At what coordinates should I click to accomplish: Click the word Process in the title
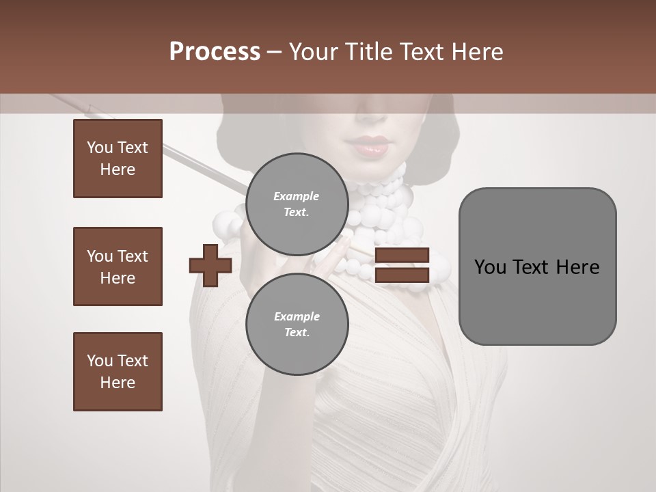click(215, 52)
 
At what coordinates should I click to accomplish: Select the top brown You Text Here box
click(118, 159)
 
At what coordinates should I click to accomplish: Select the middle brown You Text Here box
click(118, 266)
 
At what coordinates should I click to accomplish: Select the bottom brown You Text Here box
click(118, 372)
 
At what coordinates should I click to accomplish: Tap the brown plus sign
click(210, 265)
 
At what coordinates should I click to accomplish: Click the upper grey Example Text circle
click(297, 204)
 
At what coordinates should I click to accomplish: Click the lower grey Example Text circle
click(297, 324)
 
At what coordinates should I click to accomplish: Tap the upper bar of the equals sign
click(402, 255)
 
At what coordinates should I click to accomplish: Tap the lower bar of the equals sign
click(402, 275)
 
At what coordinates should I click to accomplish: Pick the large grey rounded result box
click(537, 266)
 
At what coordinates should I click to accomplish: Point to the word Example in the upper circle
click(297, 196)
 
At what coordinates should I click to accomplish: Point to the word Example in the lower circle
click(297, 316)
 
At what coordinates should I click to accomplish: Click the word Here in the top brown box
click(118, 169)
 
